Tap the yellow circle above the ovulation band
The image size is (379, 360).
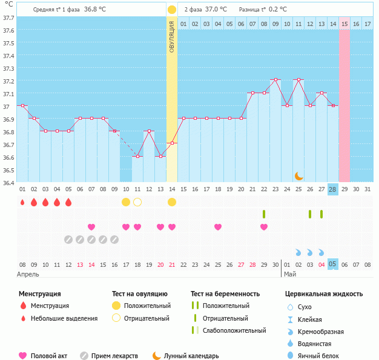pos(172,10)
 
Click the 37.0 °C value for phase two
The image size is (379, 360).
pos(216,10)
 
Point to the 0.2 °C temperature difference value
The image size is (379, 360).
pos(278,10)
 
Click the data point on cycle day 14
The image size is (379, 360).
pos(172,143)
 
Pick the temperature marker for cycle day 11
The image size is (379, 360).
pos(137,156)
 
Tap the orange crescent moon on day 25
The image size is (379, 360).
pos(298,176)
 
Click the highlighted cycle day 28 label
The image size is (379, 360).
pos(333,189)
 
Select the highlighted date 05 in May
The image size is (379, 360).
pos(333,264)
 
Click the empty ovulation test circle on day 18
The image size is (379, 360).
pos(137,202)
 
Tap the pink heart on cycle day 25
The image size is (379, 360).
pos(218,227)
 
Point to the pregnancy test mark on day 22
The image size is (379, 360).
pos(264,214)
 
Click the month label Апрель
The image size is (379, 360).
pos(28,274)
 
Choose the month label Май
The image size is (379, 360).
pos(290,274)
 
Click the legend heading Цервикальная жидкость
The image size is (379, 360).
pos(324,294)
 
